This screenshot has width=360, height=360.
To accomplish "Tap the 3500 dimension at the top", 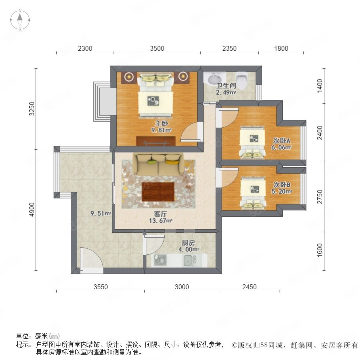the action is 157,48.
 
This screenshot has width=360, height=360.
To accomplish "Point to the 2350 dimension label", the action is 229,48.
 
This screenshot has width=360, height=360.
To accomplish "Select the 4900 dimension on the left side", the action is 32,209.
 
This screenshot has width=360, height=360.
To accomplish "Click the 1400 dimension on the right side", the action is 320,86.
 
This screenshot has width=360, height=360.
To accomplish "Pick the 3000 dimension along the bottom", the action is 182,287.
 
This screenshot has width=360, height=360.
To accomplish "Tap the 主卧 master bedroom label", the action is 162,123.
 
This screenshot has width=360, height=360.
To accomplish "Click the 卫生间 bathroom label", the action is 226,86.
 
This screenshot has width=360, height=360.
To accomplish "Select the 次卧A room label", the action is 282,140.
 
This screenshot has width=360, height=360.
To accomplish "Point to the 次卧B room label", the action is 282,184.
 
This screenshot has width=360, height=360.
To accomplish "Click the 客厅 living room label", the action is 160,214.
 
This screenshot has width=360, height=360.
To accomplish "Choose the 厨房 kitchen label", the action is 188,243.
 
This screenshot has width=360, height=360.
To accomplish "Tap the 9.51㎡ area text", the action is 100,213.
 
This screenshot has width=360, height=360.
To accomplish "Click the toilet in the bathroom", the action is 242,80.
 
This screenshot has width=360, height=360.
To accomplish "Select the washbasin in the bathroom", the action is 214,79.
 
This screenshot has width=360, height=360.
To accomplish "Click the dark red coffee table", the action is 158,192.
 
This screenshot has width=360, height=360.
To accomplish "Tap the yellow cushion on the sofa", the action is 172,162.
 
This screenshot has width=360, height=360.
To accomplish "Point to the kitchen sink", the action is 190,260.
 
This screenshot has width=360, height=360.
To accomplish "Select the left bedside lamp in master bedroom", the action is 129,76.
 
